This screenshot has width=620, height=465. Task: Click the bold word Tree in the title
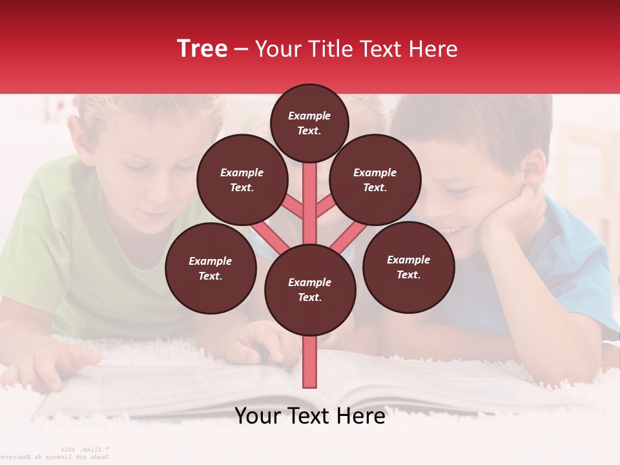tap(202, 49)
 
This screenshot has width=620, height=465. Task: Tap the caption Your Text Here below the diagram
tap(309, 416)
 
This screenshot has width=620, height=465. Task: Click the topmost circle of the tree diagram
tap(309, 123)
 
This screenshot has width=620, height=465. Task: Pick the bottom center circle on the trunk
tap(310, 290)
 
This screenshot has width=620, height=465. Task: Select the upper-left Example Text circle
tap(242, 180)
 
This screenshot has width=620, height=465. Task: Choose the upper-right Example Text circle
tap(375, 180)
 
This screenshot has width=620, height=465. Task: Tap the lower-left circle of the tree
tap(211, 268)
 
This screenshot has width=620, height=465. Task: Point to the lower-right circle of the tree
tap(408, 267)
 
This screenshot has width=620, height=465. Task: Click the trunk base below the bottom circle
tap(310, 362)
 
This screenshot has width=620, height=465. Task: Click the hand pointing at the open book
tap(258, 342)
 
